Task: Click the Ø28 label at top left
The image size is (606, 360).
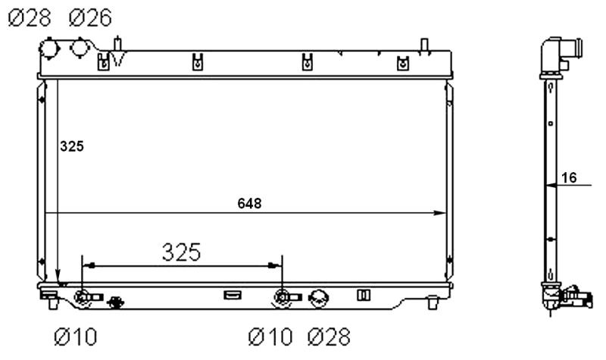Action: pyautogui.click(x=30, y=17)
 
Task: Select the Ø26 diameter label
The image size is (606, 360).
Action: pyautogui.click(x=90, y=17)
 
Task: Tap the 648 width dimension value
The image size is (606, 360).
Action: pyautogui.click(x=249, y=203)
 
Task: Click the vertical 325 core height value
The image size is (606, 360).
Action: pyautogui.click(x=72, y=146)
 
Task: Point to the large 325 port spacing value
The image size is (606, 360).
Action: pyautogui.click(x=182, y=252)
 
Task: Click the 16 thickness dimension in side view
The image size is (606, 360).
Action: pyautogui.click(x=569, y=178)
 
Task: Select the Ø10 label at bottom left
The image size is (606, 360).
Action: pyautogui.click(x=76, y=337)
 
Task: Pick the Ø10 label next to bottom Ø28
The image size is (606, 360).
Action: pyautogui.click(x=270, y=337)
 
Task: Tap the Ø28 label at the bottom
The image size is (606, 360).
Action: pyautogui.click(x=330, y=337)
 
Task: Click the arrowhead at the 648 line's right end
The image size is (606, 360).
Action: pyautogui.click(x=440, y=213)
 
